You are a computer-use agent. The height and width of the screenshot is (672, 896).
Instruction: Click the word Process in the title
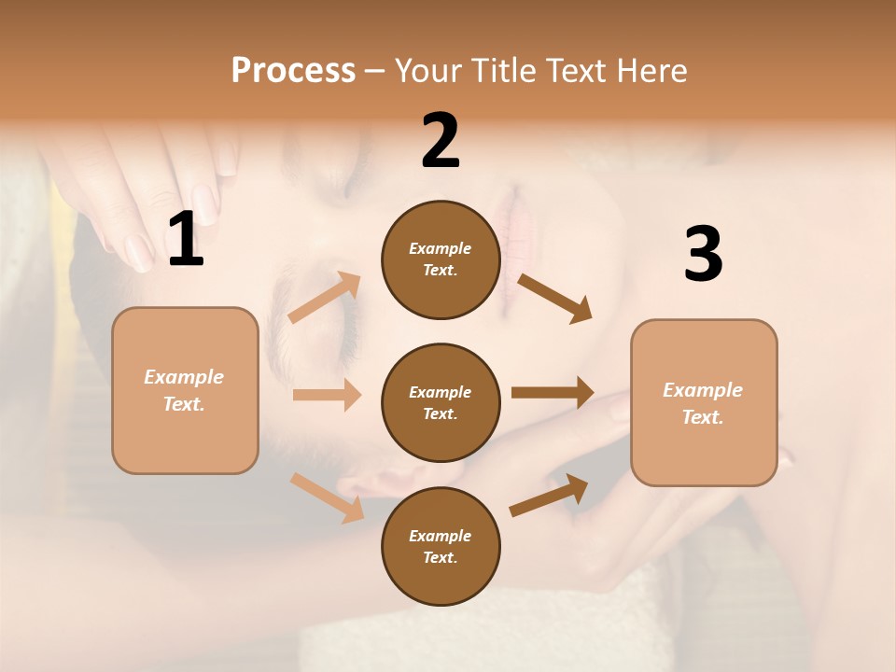293,71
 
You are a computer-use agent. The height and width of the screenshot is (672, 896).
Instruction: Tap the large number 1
186,240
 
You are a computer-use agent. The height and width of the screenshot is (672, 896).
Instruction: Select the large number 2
441,141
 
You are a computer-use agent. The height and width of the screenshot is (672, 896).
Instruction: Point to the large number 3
703,255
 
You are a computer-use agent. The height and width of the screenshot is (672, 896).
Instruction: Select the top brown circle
441,259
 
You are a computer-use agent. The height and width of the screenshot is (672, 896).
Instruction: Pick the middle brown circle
441,402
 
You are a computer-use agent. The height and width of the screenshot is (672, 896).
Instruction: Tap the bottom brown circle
441,546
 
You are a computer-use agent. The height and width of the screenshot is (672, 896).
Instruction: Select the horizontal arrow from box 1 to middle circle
327,395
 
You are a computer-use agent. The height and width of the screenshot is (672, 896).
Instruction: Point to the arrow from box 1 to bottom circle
327,497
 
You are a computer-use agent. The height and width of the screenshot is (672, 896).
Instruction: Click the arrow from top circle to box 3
554,298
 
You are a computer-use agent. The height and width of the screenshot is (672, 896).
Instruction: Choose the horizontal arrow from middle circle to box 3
553,393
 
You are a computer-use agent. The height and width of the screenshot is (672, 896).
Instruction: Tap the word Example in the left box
184,377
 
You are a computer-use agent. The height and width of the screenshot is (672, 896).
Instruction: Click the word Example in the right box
703,390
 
